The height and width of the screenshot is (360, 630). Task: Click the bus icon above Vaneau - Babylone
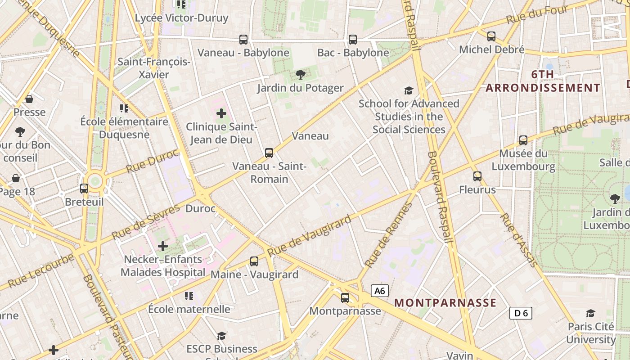pos(243,40)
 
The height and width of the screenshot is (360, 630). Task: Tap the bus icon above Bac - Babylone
pos(353,40)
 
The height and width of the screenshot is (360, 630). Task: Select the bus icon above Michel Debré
pos(491,36)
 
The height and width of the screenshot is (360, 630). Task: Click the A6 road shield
pos(380,291)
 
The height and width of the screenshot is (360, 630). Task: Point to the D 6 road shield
pos(521,313)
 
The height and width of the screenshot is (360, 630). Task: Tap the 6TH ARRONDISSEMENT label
pos(543,81)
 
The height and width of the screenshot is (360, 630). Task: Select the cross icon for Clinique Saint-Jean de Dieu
pos(221,113)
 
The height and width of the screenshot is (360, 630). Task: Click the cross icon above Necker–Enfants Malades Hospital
pos(163,246)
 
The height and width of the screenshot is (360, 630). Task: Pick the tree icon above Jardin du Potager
pos(301,75)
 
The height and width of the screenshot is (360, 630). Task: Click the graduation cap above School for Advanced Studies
pos(409,91)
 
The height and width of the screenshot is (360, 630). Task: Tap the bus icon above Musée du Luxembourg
pos(523,140)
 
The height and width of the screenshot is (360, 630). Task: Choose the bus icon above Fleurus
pos(477,176)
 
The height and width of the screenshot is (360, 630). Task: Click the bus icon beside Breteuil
pos(84,189)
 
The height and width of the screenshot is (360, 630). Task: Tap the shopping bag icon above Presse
pos(29,99)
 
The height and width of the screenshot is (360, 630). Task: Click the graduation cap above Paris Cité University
pos(590,313)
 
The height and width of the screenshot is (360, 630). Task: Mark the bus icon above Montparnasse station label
pos(345,297)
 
